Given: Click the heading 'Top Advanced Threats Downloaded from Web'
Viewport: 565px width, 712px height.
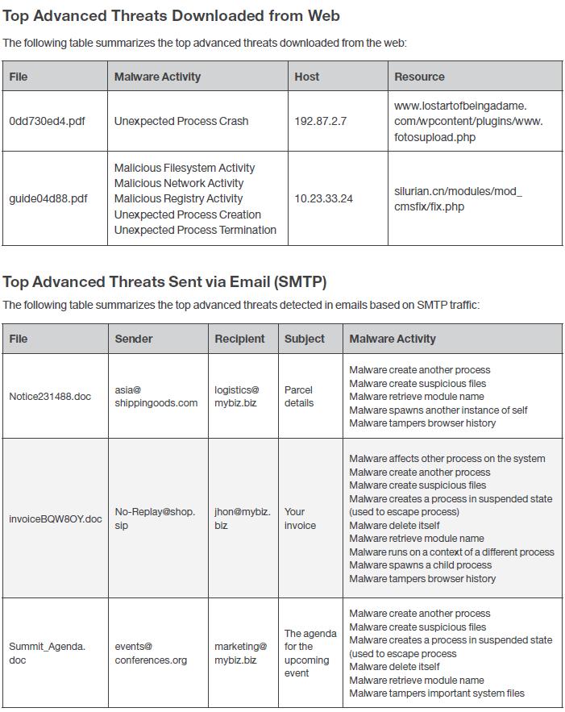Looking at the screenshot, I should coord(171,15).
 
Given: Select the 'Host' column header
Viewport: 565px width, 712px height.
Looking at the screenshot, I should coord(306,77).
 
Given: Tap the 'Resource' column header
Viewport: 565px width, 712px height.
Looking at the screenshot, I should coord(419,77).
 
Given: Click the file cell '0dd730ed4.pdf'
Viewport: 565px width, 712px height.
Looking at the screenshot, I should coord(47,121).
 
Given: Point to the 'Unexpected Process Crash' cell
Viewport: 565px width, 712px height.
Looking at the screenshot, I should coord(181,121).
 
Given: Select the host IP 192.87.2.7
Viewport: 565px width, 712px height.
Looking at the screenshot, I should coord(320,121).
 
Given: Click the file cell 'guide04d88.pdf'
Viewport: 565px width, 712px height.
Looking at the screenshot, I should coord(48,198).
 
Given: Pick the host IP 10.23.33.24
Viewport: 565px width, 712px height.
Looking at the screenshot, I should coord(323,198).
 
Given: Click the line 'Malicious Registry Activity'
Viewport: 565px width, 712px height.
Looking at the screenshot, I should coord(178,198).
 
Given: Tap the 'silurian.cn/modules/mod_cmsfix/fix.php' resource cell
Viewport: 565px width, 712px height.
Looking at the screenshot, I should coord(458,198).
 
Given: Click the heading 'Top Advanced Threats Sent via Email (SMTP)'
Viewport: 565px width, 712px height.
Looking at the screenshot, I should coord(164,281).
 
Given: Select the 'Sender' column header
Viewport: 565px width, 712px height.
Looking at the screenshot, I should coord(134,339).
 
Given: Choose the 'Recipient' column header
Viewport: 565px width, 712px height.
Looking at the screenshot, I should coord(239,339).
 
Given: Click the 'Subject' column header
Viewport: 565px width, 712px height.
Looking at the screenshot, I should coord(305,339).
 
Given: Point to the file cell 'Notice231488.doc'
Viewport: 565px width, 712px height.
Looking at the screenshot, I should coord(50,397).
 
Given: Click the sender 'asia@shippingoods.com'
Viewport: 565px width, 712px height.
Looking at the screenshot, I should coord(156,396).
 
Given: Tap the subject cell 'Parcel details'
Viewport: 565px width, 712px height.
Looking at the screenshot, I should coord(299,396).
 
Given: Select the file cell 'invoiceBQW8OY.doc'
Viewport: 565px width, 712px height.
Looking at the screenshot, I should coord(56,518).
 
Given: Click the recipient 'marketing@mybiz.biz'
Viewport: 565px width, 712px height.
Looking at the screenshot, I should coord(240,653).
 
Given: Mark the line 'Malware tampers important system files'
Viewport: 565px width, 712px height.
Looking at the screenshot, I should coord(436,693).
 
